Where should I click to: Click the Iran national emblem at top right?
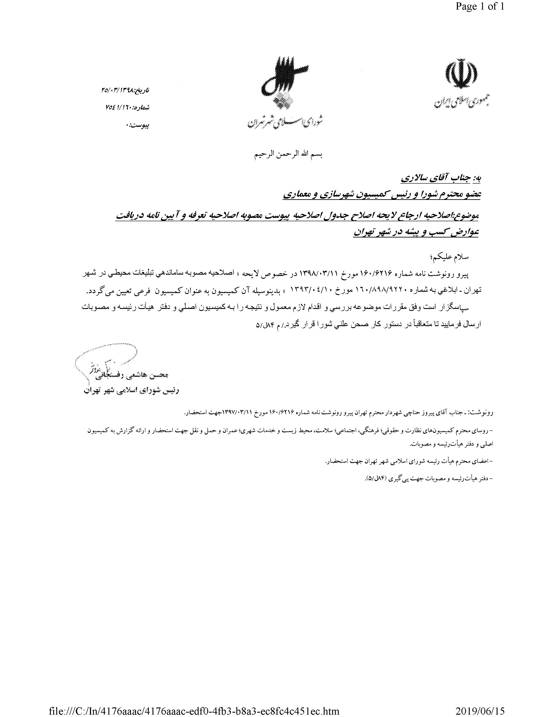(x=461, y=74)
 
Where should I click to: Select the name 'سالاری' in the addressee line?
(x=415, y=178)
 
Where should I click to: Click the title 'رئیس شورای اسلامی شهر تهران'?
(x=131, y=391)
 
